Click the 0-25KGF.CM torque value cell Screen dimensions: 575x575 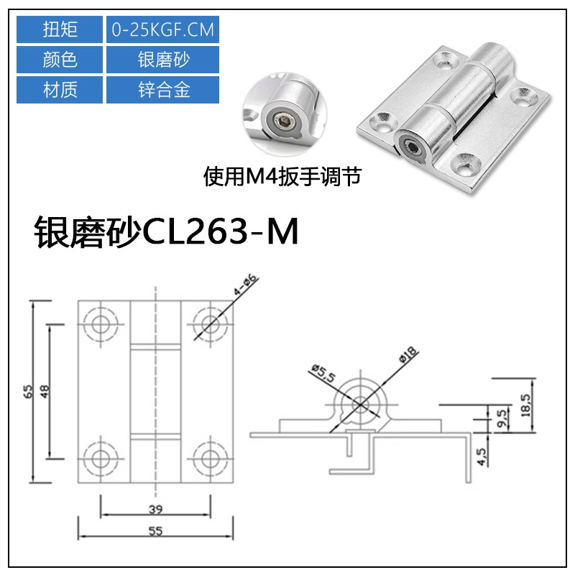[x=162, y=29]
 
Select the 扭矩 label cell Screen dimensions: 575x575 [x=60, y=29]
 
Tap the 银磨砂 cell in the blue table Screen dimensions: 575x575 [x=162, y=60]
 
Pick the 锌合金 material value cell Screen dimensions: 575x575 [x=162, y=90]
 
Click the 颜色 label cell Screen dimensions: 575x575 [x=60, y=60]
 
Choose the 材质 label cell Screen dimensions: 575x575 [x=60, y=90]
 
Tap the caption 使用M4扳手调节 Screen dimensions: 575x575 [x=282, y=177]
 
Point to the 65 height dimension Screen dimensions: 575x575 [x=28, y=391]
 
